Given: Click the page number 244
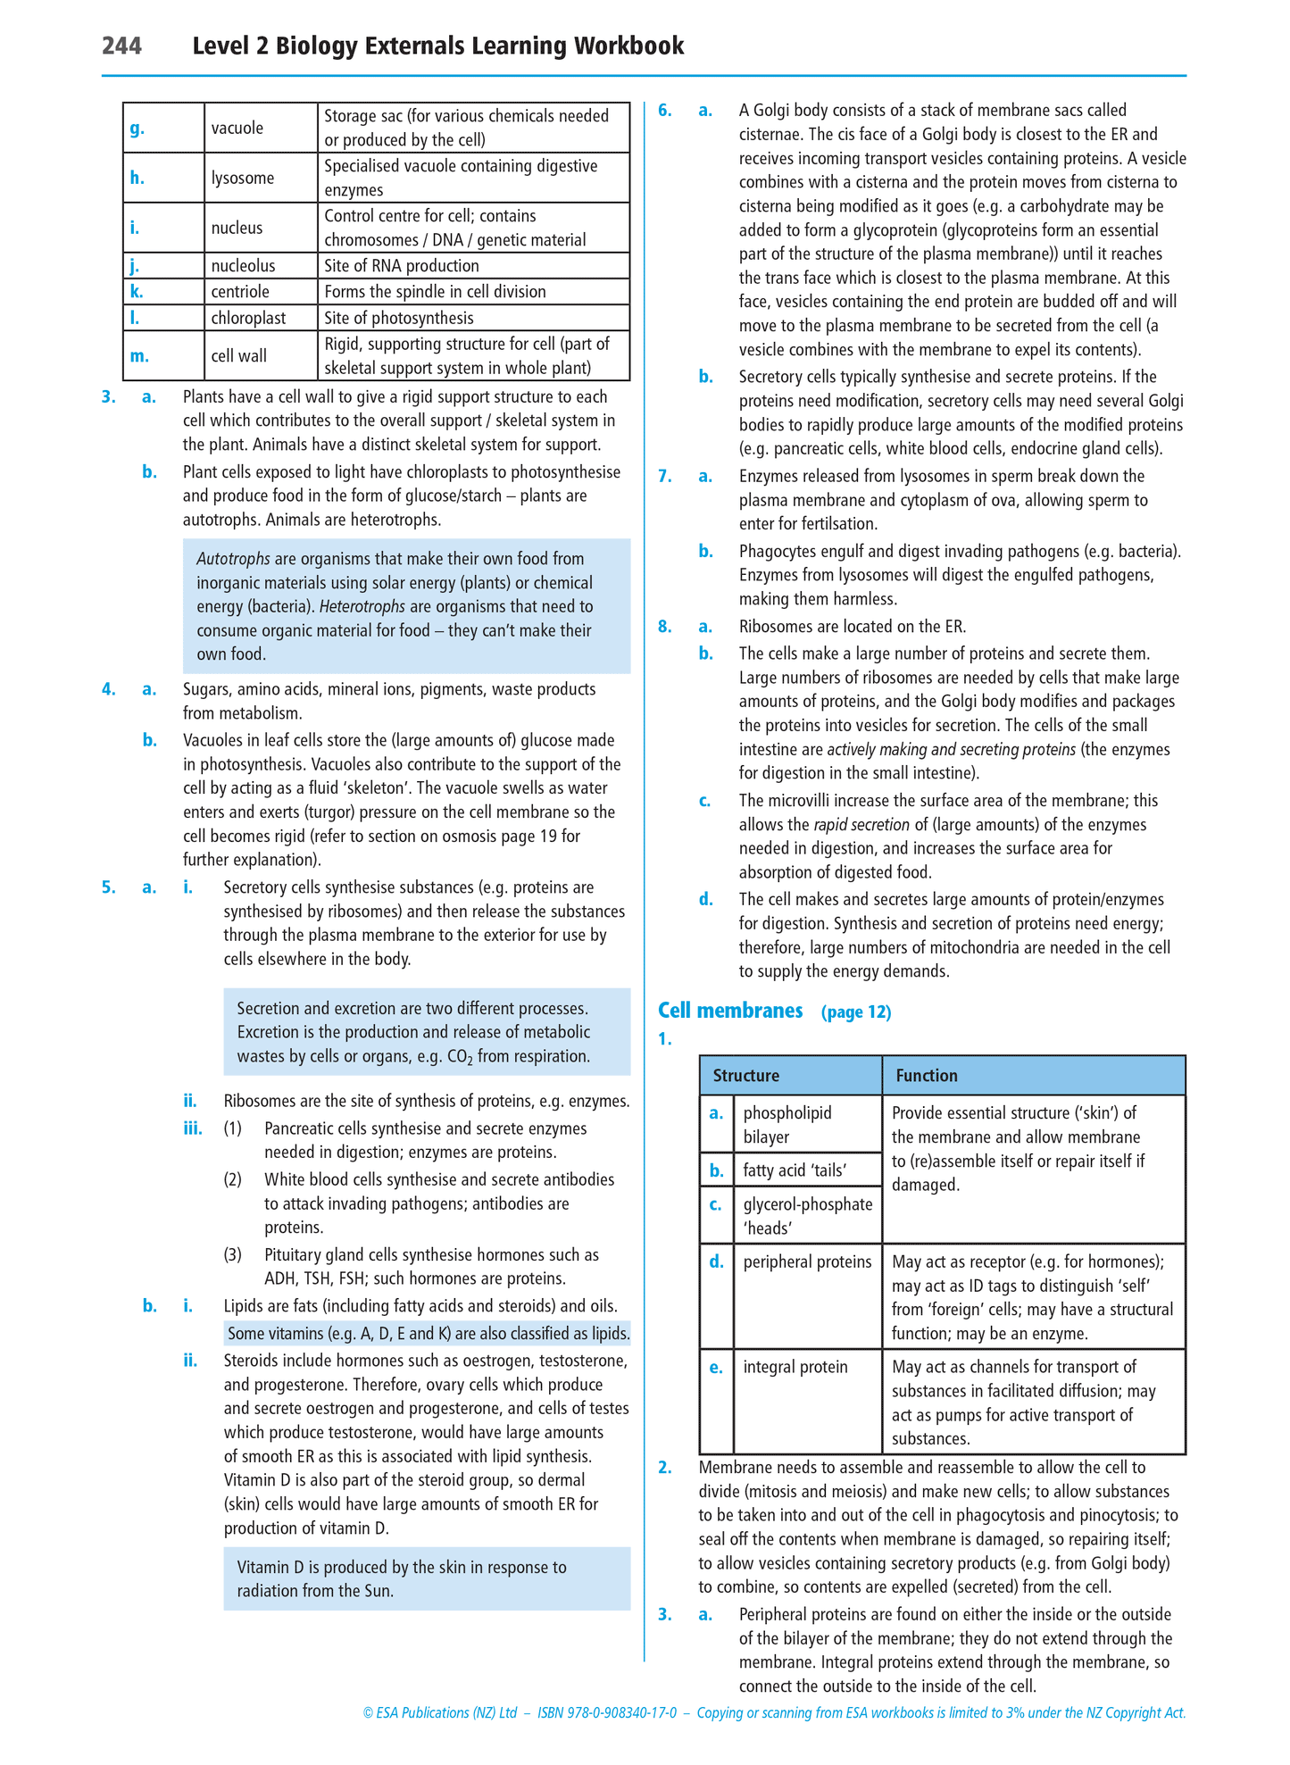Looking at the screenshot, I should (121, 46).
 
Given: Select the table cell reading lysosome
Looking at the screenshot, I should (243, 178).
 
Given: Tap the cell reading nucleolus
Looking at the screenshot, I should (243, 266).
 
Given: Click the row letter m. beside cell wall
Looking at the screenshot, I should (139, 355).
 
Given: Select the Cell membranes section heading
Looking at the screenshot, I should (730, 1011).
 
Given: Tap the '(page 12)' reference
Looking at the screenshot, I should (856, 1012).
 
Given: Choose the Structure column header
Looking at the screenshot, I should (746, 1076).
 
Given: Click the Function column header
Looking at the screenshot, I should (927, 1076).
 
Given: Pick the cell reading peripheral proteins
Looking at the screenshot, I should (807, 1262).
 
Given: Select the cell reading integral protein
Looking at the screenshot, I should (795, 1368).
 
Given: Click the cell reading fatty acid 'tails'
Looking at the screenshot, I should (795, 1170).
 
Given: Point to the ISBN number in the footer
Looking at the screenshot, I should (607, 1713).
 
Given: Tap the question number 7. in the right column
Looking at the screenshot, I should (665, 477).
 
